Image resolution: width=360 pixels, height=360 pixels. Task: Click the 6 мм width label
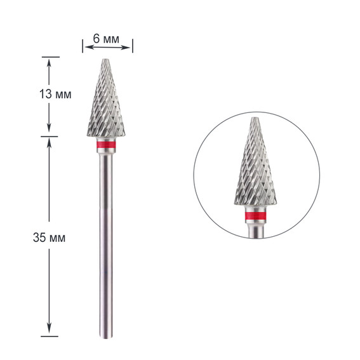106,39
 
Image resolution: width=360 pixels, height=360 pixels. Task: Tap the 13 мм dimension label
55,94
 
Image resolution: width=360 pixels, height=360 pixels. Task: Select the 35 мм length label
49,237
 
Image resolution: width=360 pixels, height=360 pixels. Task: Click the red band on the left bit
106,145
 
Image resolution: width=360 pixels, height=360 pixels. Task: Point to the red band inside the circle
255,216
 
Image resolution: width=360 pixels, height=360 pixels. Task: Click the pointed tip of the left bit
105,60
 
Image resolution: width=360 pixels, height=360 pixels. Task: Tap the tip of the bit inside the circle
255,118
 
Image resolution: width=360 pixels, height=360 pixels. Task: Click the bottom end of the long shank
106,338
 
